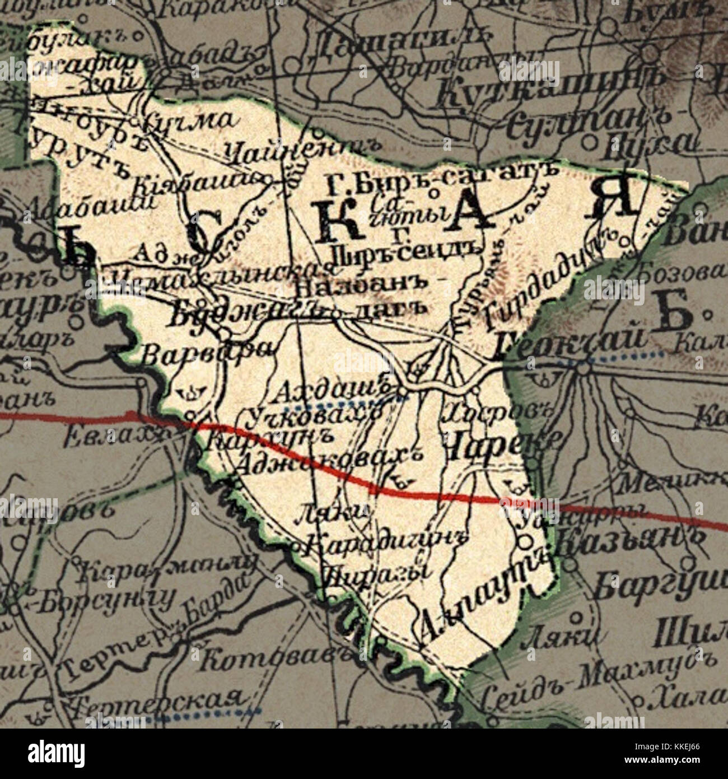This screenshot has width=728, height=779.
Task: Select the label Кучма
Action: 188,120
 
